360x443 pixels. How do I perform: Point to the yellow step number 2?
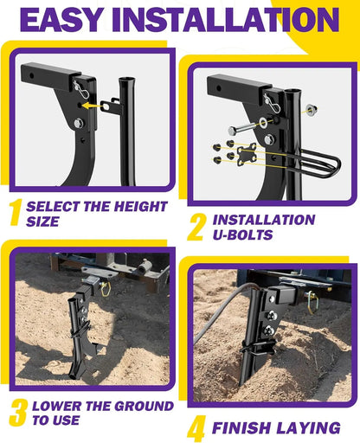point(197,226)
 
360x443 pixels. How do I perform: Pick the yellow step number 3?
point(17,412)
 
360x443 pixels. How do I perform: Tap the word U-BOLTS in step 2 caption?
point(243,235)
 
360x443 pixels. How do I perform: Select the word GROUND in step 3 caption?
point(121,406)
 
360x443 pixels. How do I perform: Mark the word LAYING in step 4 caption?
point(306,427)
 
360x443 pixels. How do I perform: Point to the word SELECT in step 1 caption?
point(52,208)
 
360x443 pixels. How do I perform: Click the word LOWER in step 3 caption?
point(58,406)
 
